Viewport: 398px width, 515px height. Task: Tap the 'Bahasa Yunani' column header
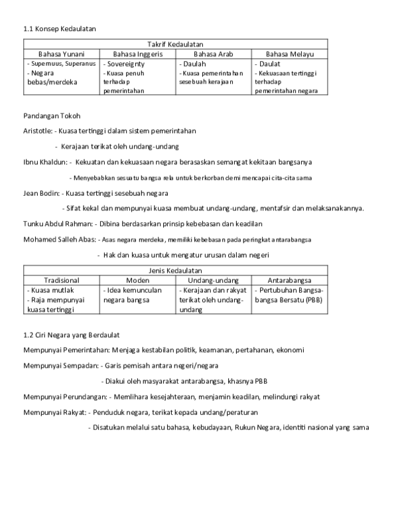(x=62, y=54)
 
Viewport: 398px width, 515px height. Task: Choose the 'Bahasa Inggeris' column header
(x=137, y=54)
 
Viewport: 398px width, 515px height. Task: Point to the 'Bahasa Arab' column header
(x=213, y=54)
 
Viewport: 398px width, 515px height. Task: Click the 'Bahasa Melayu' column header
(x=289, y=54)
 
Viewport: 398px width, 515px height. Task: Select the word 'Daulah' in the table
(x=194, y=64)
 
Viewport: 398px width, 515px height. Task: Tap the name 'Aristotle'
(x=37, y=131)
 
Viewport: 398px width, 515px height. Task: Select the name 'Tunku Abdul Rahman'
(x=57, y=224)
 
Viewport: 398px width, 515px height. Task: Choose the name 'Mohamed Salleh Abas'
(x=59, y=239)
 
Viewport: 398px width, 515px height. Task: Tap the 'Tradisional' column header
(x=62, y=281)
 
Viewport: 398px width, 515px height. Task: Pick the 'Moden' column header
(x=137, y=281)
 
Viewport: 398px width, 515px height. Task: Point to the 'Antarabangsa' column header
(x=289, y=281)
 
